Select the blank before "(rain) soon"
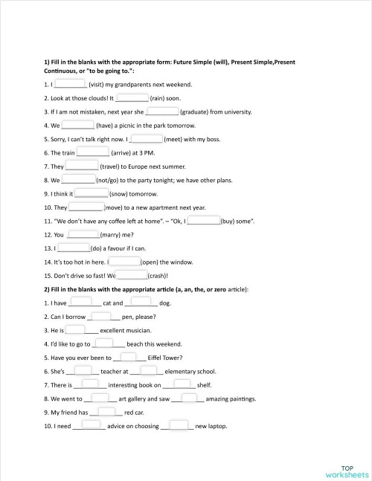click(x=132, y=97)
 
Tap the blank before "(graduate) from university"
click(x=162, y=111)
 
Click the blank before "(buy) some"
click(x=203, y=220)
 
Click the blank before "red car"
click(x=106, y=411)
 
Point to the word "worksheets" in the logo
click(x=347, y=474)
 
